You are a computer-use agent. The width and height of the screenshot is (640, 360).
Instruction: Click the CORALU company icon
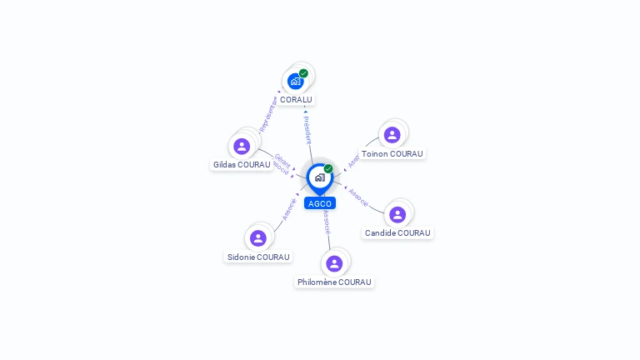click(295, 81)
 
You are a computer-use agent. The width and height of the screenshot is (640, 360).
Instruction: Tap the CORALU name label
click(296, 100)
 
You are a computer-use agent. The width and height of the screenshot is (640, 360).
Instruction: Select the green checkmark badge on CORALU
click(303, 73)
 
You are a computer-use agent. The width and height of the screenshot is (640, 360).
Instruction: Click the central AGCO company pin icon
click(319, 177)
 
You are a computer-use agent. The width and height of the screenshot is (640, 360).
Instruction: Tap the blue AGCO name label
click(319, 203)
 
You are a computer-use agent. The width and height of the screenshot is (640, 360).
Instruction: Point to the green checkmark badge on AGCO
click(328, 168)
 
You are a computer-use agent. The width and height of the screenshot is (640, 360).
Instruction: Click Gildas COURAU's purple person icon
click(242, 146)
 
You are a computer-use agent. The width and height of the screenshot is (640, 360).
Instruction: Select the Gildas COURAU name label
click(242, 165)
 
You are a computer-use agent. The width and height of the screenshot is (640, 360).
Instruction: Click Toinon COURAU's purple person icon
click(392, 135)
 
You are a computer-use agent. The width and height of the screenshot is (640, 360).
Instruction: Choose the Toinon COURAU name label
click(392, 154)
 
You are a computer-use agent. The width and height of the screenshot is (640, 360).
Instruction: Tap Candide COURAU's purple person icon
click(397, 214)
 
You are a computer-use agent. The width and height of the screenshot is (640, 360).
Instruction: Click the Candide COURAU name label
click(397, 233)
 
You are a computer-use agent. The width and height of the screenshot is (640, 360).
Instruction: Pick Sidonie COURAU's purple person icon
click(258, 238)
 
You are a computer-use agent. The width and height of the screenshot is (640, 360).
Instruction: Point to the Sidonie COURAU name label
click(258, 257)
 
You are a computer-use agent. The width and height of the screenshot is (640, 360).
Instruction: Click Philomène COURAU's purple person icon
click(334, 263)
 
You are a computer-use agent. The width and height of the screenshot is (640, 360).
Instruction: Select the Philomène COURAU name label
click(334, 282)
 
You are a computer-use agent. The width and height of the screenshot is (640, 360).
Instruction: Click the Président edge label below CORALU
click(307, 129)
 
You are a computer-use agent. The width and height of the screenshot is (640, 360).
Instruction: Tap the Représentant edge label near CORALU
click(268, 114)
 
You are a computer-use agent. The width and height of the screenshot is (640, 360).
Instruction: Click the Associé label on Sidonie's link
click(288, 208)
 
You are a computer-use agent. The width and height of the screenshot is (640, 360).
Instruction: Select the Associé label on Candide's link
click(358, 197)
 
